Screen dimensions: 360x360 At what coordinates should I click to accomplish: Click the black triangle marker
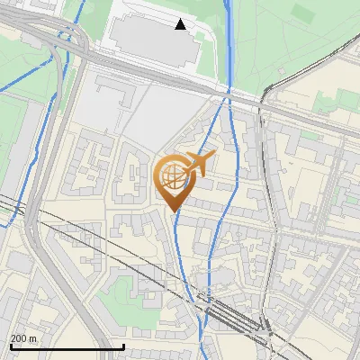(x=181, y=24)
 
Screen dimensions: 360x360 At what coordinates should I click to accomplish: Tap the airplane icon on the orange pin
(x=198, y=164)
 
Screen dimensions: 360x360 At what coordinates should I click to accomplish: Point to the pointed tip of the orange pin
(x=172, y=211)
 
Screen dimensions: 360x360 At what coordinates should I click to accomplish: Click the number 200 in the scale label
(x=20, y=338)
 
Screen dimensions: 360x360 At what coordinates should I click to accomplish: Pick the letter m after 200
(x=33, y=338)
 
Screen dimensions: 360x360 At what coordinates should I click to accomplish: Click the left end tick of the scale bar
(x=11, y=346)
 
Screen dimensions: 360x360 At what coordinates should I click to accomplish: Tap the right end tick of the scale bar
(x=123, y=346)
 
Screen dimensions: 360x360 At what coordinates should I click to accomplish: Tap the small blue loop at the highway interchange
(x=65, y=38)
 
